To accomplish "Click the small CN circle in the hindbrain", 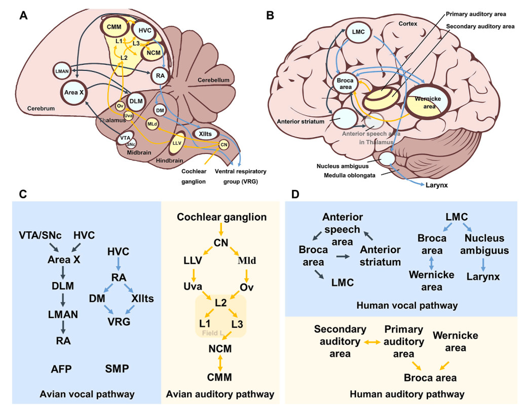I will pos(223,145).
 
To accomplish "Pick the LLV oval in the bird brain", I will pos(177,143).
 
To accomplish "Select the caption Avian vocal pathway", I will pos(86,393).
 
